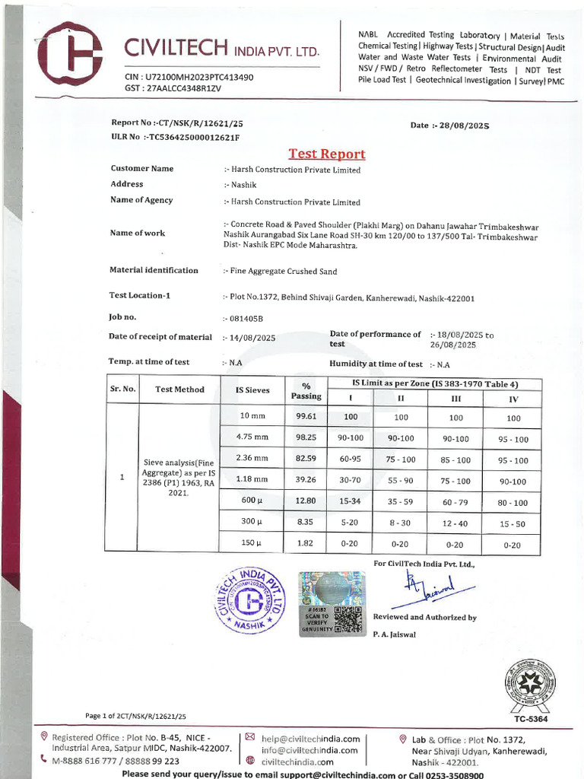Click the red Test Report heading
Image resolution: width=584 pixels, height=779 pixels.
[327, 154]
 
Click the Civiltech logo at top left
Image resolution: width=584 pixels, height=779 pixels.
[70, 53]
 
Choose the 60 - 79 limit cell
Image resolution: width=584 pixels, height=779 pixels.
[455, 502]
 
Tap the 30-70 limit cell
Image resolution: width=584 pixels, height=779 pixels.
[350, 481]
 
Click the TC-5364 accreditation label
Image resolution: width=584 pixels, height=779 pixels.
[530, 719]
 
